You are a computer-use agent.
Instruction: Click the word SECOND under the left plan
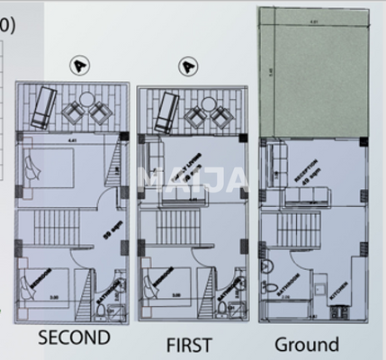[73, 338]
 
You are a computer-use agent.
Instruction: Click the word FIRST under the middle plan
[189, 344]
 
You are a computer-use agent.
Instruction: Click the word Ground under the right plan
[307, 344]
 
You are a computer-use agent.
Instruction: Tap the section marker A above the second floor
[81, 65]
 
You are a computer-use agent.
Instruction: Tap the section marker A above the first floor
[188, 66]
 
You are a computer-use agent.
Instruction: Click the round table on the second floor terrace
[87, 99]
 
